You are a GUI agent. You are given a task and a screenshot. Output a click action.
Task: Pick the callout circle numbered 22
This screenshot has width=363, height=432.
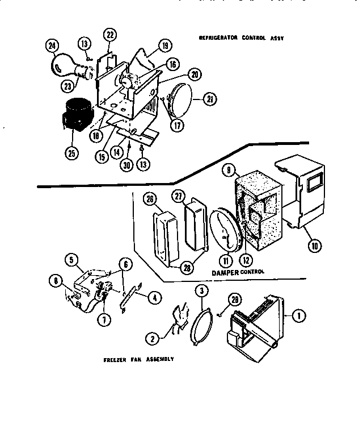(110, 35)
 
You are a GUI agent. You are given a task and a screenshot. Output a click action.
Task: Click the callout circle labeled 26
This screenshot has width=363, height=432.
(151, 199)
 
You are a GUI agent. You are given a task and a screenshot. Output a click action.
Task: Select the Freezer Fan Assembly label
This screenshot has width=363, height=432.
(138, 360)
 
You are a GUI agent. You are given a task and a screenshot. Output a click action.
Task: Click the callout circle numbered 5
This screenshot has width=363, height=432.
(70, 260)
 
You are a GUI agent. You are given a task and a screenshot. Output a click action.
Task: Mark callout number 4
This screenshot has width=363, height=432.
(153, 296)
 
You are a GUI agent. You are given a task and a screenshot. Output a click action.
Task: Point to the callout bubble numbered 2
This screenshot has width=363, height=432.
(152, 338)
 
